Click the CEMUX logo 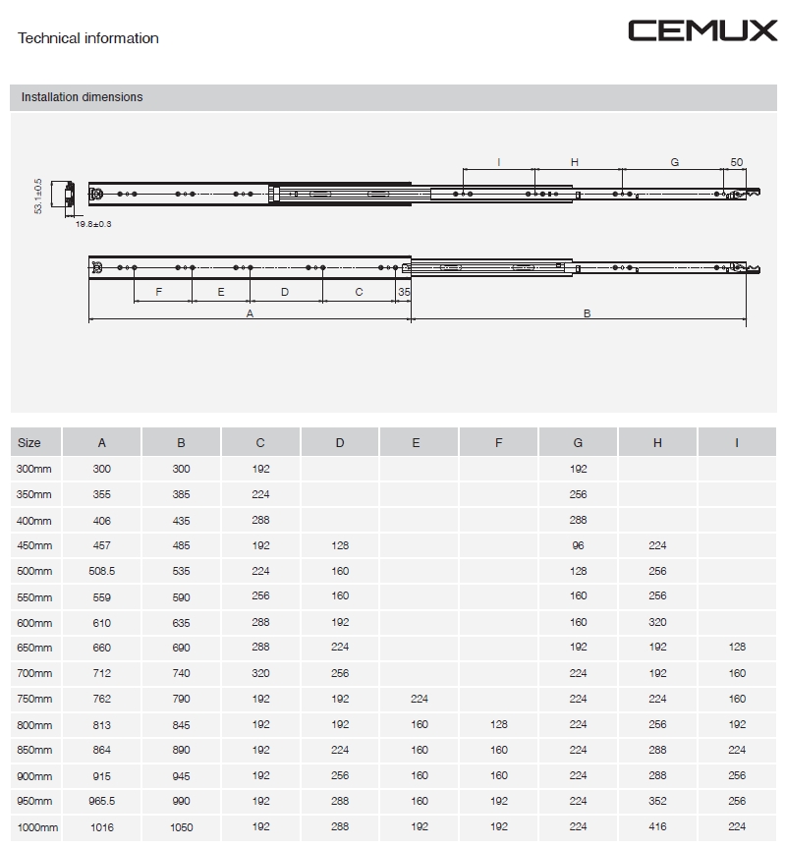tap(701, 30)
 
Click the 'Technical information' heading tap(88, 38)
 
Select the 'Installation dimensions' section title tap(82, 97)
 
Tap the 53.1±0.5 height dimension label tap(38, 196)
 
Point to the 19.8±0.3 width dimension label tap(93, 224)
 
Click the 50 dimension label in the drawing tap(737, 162)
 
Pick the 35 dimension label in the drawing tap(404, 292)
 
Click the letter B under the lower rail tap(587, 313)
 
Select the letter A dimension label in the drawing tap(250, 313)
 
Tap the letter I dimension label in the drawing tap(499, 162)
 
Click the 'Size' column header tap(29, 443)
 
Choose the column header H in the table tap(657, 443)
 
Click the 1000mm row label tap(37, 827)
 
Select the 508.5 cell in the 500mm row tap(102, 571)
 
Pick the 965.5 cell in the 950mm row tap(102, 802)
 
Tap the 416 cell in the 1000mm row tap(657, 827)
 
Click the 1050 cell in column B tap(182, 827)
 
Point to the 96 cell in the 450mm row tap(578, 545)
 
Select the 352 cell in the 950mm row tap(657, 802)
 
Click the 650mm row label tap(34, 648)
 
